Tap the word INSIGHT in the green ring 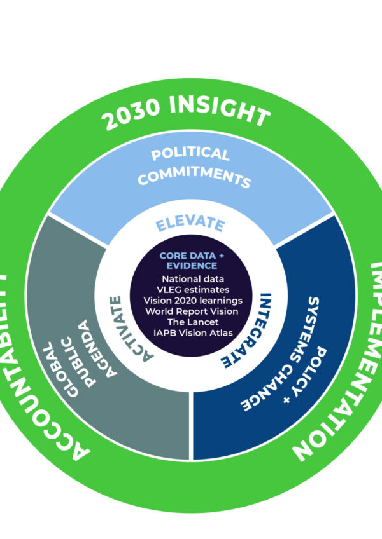coord(220,110)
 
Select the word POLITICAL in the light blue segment coord(190,154)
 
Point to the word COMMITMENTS coord(194,175)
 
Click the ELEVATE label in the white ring coord(190,224)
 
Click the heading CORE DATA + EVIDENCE coord(192,261)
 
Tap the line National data coord(193,279)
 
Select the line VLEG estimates coord(193,289)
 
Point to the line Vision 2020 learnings coord(193,301)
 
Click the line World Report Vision coord(192,311)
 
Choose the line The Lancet coord(193,322)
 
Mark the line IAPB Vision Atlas coord(193,333)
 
